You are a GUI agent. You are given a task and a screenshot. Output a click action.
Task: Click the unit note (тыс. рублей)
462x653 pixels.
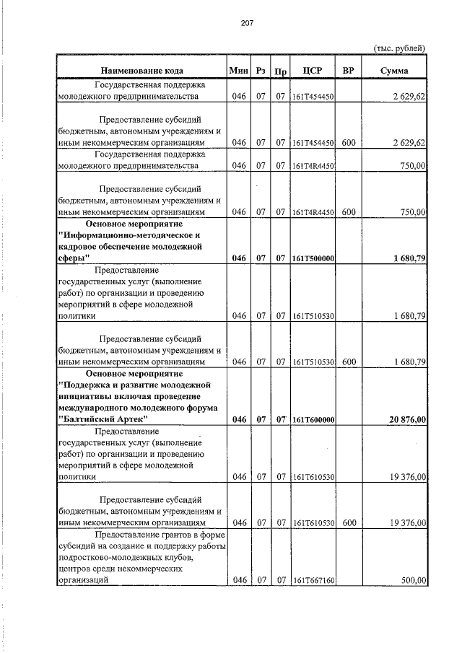point(399,48)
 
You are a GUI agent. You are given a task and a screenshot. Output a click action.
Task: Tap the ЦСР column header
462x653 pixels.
point(313,71)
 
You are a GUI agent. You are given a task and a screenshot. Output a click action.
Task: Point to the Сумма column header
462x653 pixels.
point(394,71)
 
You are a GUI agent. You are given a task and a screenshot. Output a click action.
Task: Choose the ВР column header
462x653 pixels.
point(349,71)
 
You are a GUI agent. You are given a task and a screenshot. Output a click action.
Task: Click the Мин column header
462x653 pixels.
point(238,71)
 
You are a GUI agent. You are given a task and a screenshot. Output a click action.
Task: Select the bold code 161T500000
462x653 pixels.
point(313,258)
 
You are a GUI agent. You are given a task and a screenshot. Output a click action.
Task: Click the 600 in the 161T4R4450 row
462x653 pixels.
point(349,212)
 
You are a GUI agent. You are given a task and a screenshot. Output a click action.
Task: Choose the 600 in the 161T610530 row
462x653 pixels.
point(349,522)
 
